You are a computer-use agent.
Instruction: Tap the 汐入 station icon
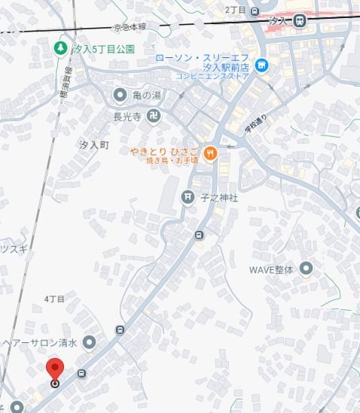[x=300, y=21]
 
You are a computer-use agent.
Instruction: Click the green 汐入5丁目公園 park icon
[x=61, y=49]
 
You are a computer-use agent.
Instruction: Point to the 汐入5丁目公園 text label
[x=105, y=49]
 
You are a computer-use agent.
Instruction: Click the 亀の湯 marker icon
[x=120, y=94]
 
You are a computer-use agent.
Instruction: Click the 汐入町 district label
[x=95, y=143]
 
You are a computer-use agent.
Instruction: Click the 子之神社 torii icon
[x=188, y=198]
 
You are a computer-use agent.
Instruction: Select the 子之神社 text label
[x=219, y=198]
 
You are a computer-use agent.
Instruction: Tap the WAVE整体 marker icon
[x=306, y=268]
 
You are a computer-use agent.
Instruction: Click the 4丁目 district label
[x=55, y=299]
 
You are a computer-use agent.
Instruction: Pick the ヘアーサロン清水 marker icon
[x=90, y=343]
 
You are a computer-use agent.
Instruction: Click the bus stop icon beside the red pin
[x=81, y=373]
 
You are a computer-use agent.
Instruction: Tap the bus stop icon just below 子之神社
[x=199, y=234]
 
